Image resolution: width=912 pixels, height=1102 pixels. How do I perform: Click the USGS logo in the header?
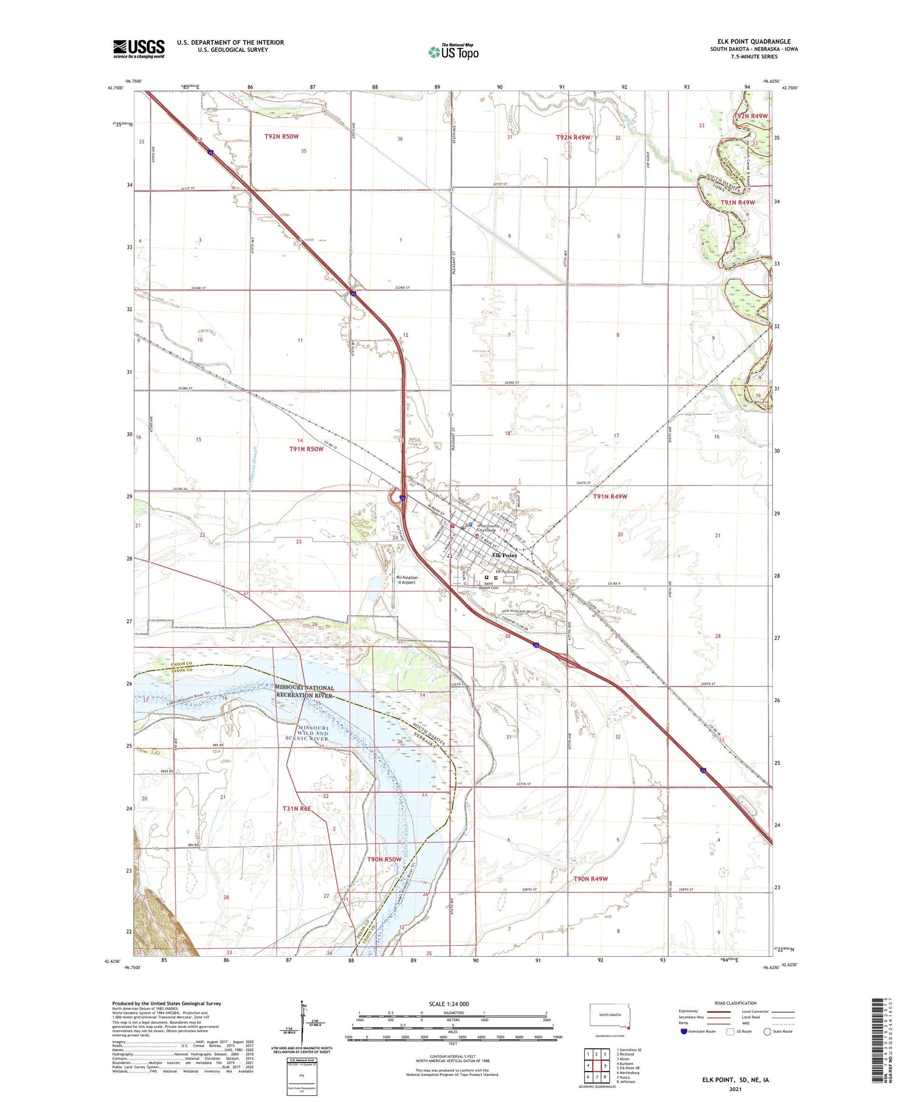click(x=139, y=49)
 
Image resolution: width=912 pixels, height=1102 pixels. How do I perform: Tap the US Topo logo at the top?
click(x=454, y=52)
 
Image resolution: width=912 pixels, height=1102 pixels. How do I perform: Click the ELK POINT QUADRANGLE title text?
click(x=754, y=42)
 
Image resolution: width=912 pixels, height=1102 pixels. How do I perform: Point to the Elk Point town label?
click(x=505, y=556)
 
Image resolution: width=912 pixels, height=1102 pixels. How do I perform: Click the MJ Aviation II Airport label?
click(x=406, y=580)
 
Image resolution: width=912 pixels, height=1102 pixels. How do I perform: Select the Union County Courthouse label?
click(x=488, y=528)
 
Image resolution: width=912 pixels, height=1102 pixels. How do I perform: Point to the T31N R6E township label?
click(x=297, y=808)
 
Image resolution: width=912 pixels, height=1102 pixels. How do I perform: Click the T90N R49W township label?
click(x=590, y=879)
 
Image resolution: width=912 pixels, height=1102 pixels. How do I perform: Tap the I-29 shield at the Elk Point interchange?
click(x=402, y=498)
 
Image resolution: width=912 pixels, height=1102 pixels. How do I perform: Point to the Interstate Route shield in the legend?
click(x=684, y=1031)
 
